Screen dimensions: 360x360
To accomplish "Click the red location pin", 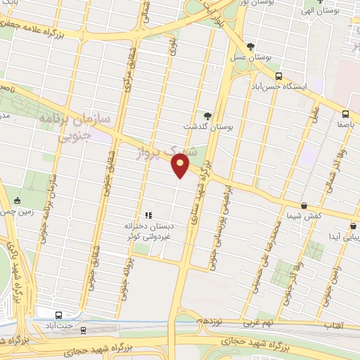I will (x=180, y=166).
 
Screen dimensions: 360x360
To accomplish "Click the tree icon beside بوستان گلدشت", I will (x=207, y=116).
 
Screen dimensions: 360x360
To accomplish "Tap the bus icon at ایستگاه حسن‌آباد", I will (x=278, y=76).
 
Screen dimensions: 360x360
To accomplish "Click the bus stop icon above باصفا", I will (x=345, y=114).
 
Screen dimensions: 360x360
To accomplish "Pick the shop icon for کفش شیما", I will (x=303, y=205).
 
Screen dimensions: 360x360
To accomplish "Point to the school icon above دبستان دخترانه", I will (x=148, y=215).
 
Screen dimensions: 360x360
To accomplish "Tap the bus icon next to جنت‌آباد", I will (x=58, y=315).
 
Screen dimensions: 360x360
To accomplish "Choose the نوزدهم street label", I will (x=209, y=321).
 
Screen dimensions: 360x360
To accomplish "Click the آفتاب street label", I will (x=333, y=326).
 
